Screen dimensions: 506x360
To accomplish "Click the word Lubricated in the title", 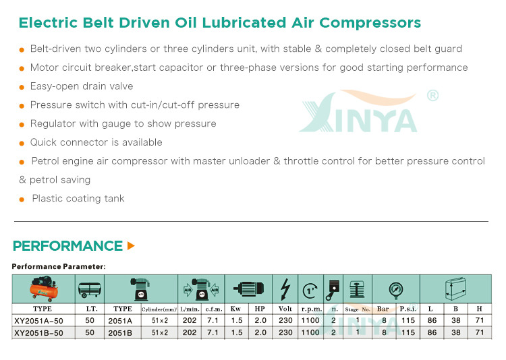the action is tap(244, 22).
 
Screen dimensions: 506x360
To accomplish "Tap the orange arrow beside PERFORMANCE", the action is tap(131, 246).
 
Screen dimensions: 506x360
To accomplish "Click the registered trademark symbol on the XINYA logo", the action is tap(432, 95).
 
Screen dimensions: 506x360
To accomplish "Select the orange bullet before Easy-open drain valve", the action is tap(22, 87).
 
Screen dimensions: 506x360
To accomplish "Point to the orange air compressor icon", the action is tap(44, 289).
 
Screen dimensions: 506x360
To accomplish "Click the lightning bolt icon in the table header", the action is tap(285, 289).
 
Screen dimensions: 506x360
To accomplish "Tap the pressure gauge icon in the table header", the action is tap(396, 290).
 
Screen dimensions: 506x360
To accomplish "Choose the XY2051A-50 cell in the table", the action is tap(38, 321).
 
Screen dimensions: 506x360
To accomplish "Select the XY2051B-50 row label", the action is tap(38, 333).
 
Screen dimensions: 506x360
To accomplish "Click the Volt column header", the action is tap(285, 309).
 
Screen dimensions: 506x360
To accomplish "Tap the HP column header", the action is tap(260, 309).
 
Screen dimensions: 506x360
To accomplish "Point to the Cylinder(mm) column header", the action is tap(159, 309).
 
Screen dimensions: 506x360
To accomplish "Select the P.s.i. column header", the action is tap(408, 309).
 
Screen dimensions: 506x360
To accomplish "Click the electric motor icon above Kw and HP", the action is tap(248, 289).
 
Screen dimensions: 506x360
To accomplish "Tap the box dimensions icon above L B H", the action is tap(455, 289).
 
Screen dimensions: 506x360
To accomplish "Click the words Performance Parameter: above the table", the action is tap(59, 266).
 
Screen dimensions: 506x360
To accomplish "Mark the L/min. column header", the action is tap(190, 309).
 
